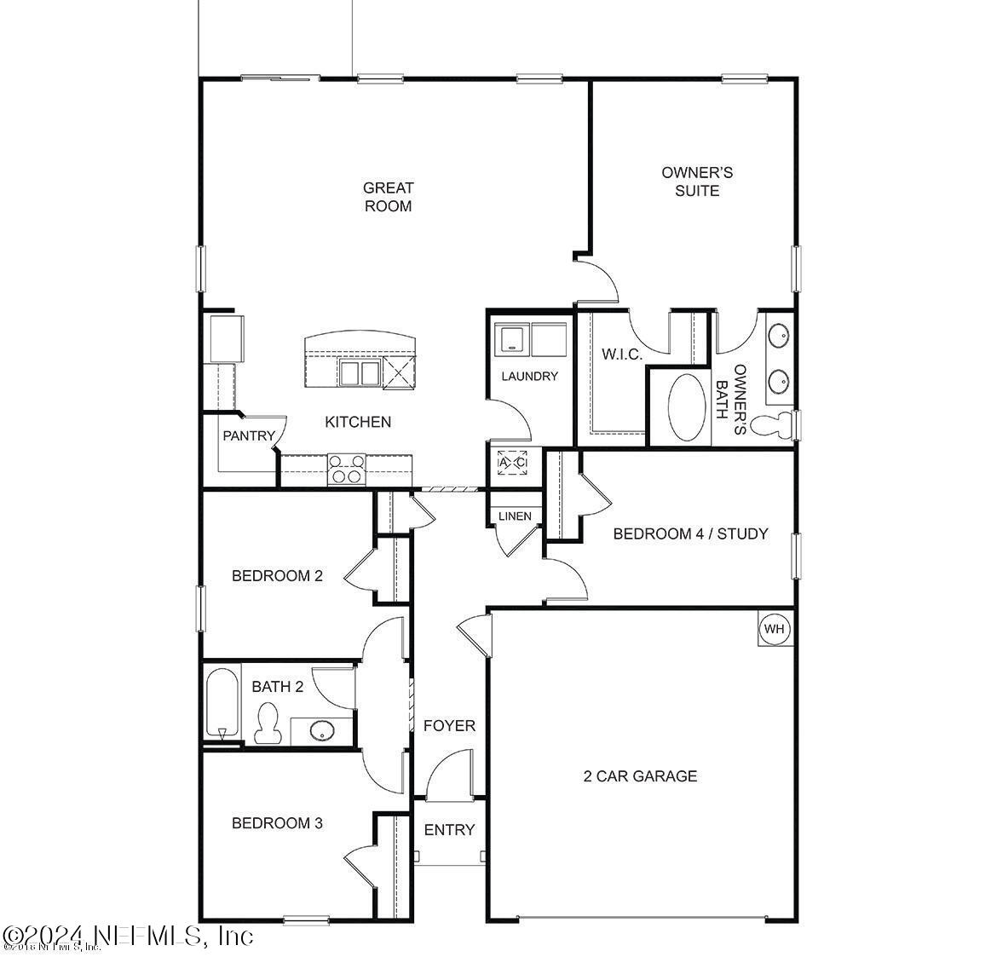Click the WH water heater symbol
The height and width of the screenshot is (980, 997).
[x=774, y=629]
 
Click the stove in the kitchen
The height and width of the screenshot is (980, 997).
[x=347, y=470]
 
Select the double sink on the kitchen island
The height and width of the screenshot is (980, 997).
[x=359, y=372]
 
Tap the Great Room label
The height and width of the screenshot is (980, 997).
[x=388, y=197]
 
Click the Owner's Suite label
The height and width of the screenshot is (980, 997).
[x=697, y=182]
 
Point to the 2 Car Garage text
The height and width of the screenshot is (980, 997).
[x=640, y=775]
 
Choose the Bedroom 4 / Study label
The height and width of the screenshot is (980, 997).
[x=690, y=533]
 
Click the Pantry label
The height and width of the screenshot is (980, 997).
[x=249, y=435]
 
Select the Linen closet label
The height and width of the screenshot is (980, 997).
[x=515, y=516]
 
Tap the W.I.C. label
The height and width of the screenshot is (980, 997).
[x=622, y=354]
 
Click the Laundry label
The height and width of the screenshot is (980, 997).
[x=529, y=376]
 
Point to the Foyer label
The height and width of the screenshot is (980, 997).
[x=449, y=726]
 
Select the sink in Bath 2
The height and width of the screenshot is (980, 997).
[x=321, y=730]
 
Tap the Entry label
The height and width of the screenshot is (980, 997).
[x=449, y=829]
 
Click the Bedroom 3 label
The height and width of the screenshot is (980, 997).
[x=277, y=823]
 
